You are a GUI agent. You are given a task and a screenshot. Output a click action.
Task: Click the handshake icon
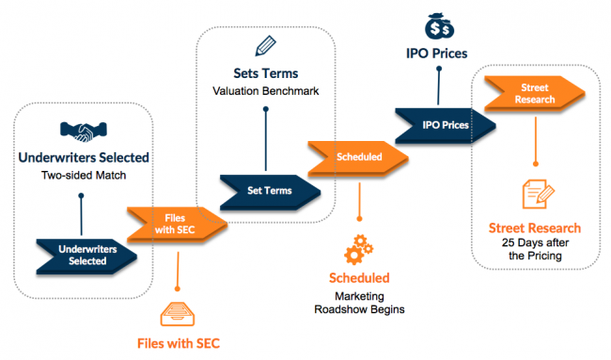[x=81, y=129]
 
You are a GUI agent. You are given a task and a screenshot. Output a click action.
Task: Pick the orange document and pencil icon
[x=534, y=195]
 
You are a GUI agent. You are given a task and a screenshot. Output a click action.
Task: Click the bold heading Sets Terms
[x=265, y=72]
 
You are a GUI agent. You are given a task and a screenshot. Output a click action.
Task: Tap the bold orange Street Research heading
[x=534, y=227]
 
